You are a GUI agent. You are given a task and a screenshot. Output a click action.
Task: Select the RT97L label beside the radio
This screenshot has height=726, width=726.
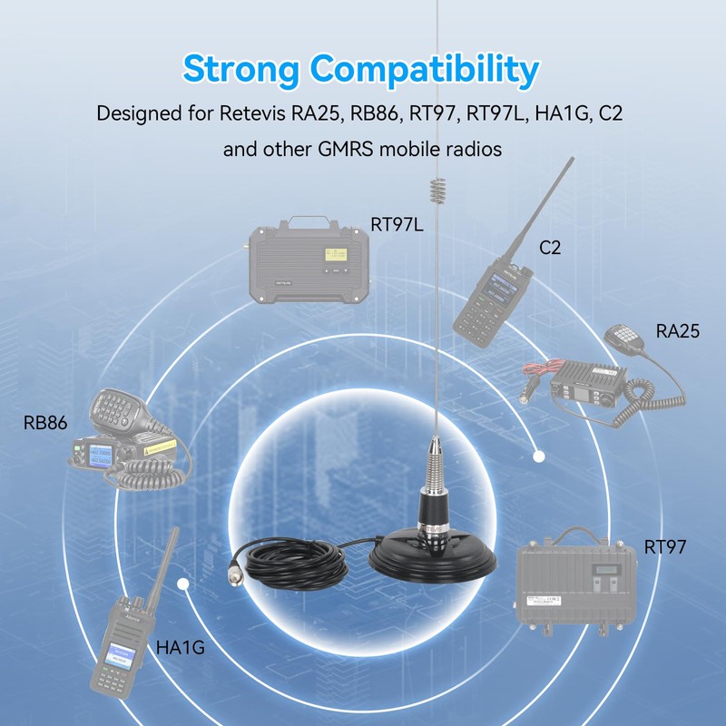click(397, 224)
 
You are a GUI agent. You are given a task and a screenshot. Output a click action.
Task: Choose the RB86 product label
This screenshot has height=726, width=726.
click(45, 422)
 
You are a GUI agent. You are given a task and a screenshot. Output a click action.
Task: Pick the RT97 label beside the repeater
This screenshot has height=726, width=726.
click(665, 546)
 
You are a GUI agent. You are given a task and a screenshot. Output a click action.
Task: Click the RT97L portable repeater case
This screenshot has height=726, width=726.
click(309, 258)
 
